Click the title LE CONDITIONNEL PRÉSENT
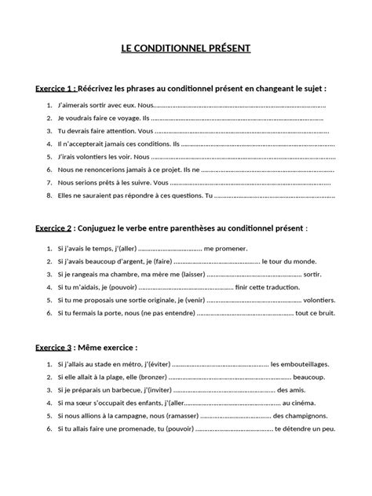[186, 48]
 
